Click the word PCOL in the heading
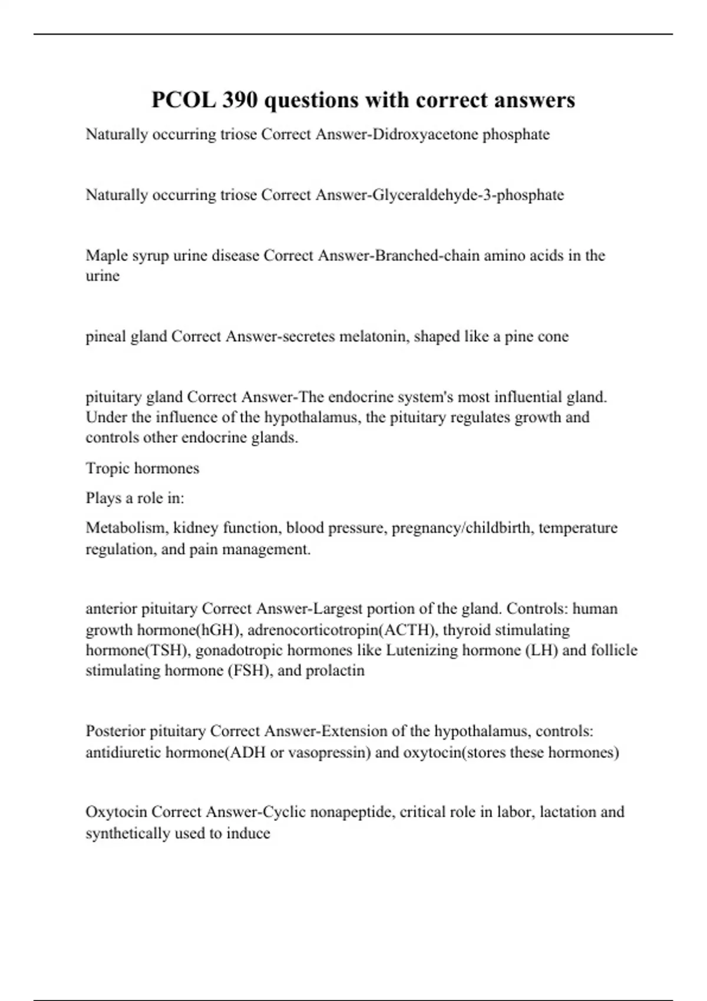tap(183, 100)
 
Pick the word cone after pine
tap(553, 336)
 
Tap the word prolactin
tap(335, 671)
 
